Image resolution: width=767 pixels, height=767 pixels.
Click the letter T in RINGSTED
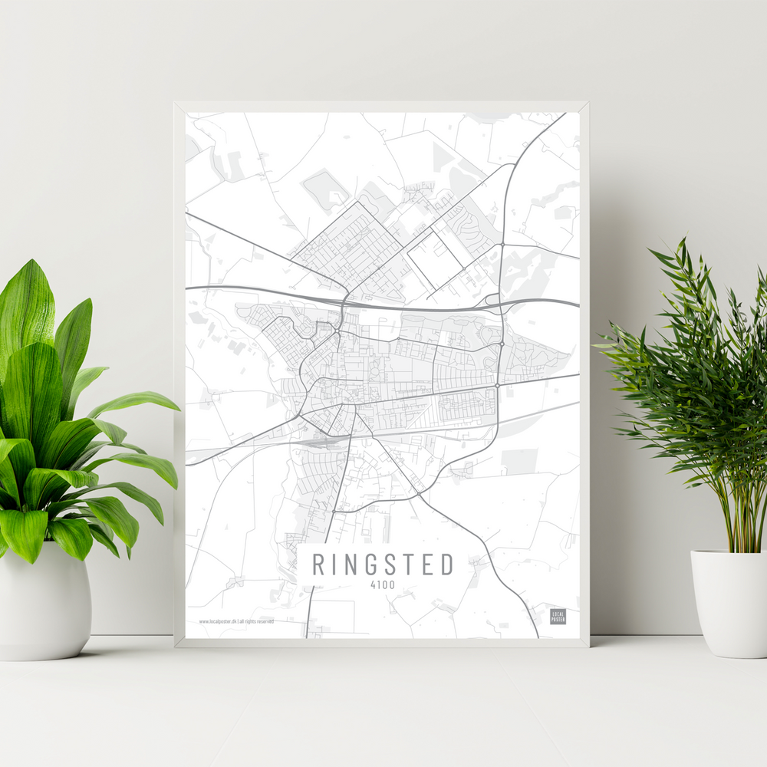pyautogui.click(x=416, y=565)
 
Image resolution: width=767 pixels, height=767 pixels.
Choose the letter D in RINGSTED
pyautogui.click(x=448, y=565)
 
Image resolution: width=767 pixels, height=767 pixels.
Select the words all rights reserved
pyautogui.click(x=256, y=621)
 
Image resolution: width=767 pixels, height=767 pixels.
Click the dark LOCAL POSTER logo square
pyautogui.click(x=558, y=616)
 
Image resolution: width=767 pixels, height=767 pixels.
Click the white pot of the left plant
pyautogui.click(x=44, y=606)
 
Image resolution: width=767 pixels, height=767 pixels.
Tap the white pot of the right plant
pyautogui.click(x=729, y=602)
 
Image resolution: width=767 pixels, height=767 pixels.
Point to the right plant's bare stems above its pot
pyautogui.click(x=736, y=522)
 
